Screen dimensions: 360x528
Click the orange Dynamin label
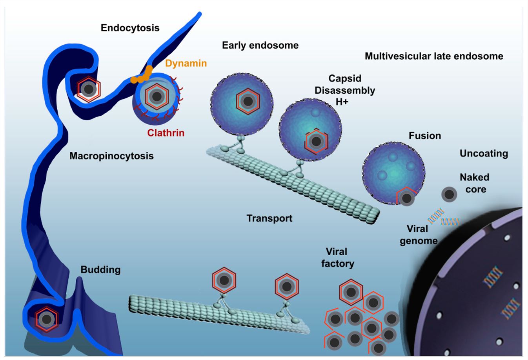[x=186, y=63]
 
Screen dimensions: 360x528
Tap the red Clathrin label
[x=166, y=133]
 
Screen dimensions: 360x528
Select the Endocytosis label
[x=130, y=28]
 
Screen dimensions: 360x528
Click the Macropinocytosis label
[x=111, y=156]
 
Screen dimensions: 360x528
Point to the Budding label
[x=100, y=270]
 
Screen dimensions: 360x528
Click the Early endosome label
[x=260, y=45]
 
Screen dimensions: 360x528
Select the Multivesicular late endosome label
[x=434, y=56]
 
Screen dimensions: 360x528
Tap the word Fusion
[x=425, y=136]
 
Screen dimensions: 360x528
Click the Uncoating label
[x=484, y=153]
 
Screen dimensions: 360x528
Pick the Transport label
[x=269, y=218]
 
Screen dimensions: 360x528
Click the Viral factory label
[x=337, y=258]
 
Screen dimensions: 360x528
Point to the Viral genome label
[x=418, y=235]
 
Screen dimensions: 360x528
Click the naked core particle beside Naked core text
[x=449, y=195]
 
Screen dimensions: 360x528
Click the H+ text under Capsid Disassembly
[x=342, y=102]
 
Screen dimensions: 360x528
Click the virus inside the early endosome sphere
[x=248, y=102]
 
